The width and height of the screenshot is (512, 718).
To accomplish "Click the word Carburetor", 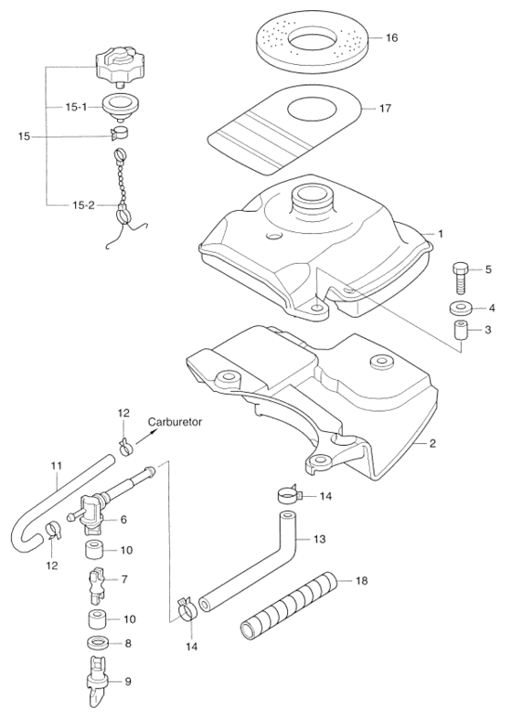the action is tap(176, 422).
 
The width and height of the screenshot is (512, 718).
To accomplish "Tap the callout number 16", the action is tap(392, 37).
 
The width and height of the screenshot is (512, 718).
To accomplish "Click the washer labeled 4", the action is tap(461, 308).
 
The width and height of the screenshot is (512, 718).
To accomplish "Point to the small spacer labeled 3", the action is tap(461, 331).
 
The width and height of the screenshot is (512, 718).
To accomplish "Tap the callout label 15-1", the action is tap(76, 107).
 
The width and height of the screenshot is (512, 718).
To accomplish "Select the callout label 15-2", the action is tap(83, 206).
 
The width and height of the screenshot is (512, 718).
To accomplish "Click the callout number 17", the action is tap(386, 109).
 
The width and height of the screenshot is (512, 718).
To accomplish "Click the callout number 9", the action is tap(128, 681).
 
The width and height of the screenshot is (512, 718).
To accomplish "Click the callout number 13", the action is tap(319, 539).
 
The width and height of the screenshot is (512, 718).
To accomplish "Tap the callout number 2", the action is tap(432, 443).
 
